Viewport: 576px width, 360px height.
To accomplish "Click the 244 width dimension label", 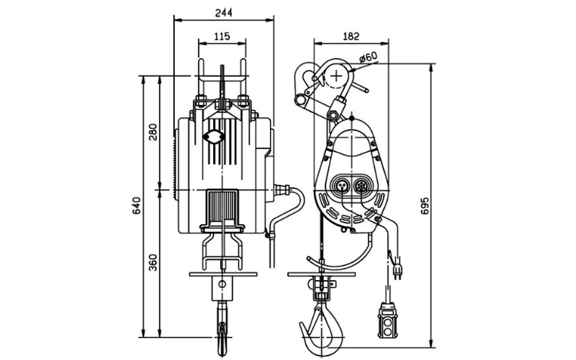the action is tap(223, 12).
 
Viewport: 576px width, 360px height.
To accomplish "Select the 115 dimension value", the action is tap(222, 37).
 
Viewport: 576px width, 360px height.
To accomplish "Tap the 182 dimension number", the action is tap(351, 37).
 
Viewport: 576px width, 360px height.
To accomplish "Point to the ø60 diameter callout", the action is tap(368, 57).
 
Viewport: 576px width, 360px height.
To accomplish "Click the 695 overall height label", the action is tap(424, 206).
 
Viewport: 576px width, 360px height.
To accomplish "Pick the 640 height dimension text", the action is tap(136, 206).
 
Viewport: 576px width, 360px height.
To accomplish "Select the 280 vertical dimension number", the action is tap(153, 132).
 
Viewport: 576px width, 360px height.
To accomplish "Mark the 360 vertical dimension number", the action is tap(153, 262).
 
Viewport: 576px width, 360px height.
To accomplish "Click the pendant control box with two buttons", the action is tap(387, 320).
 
